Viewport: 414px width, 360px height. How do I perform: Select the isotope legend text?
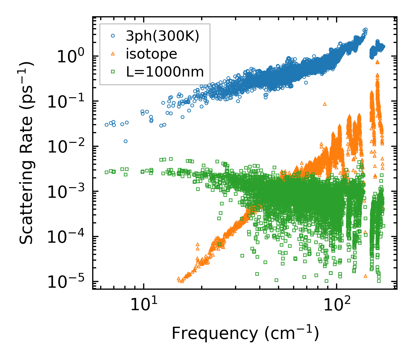[x=151, y=54]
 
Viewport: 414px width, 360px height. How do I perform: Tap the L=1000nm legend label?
[x=165, y=72]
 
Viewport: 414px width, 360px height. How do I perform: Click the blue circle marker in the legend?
[x=113, y=36]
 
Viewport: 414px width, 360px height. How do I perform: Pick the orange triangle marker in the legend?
[x=113, y=54]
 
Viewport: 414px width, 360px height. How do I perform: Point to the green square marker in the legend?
[x=113, y=72]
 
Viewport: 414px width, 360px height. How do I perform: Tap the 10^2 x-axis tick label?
[x=337, y=305]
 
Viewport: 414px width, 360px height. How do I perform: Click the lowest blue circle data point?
[x=125, y=141]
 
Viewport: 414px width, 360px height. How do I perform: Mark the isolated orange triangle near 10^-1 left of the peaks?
[x=325, y=104]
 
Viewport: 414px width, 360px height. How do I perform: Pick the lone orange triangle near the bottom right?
[x=366, y=276]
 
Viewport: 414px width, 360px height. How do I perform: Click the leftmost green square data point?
[x=106, y=172]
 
